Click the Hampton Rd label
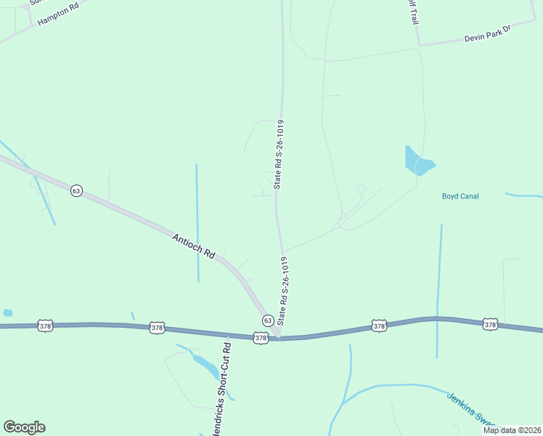(57, 13)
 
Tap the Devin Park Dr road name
(488, 33)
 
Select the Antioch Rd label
(194, 246)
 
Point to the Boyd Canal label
(460, 196)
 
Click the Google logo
(24, 427)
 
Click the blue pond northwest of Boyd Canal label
(417, 161)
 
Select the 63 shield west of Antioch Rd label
(76, 190)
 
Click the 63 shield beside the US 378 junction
(267, 320)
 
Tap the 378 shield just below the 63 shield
(261, 338)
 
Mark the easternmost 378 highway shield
(490, 324)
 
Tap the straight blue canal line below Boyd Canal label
(438, 291)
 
